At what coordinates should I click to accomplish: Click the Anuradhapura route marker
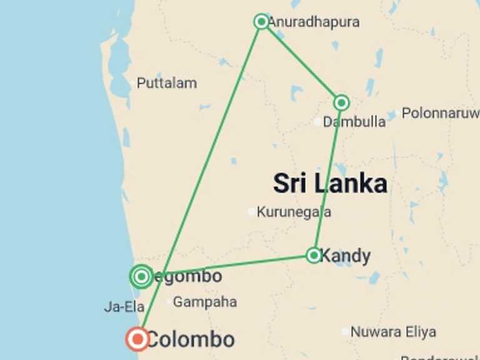click(261, 22)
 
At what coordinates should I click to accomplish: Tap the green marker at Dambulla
click(341, 102)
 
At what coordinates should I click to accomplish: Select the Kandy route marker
click(314, 255)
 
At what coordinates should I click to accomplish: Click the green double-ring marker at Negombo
click(141, 276)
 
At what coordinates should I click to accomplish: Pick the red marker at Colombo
click(137, 339)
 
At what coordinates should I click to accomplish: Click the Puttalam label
click(166, 83)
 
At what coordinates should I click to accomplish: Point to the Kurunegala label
click(294, 212)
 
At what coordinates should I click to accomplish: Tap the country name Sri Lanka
click(329, 184)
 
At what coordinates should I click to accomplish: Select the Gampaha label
click(204, 302)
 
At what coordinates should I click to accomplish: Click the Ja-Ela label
click(124, 307)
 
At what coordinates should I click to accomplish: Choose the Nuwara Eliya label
click(392, 332)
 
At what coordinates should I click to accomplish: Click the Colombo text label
click(190, 340)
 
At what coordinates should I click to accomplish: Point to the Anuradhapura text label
click(314, 22)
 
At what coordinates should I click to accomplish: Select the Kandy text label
click(345, 256)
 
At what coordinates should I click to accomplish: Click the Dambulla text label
click(354, 122)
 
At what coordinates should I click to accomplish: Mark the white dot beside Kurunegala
click(252, 212)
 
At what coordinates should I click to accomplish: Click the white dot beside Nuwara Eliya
click(345, 332)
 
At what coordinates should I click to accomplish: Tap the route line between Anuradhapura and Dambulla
click(301, 62)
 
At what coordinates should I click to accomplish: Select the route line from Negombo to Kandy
click(231, 265)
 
